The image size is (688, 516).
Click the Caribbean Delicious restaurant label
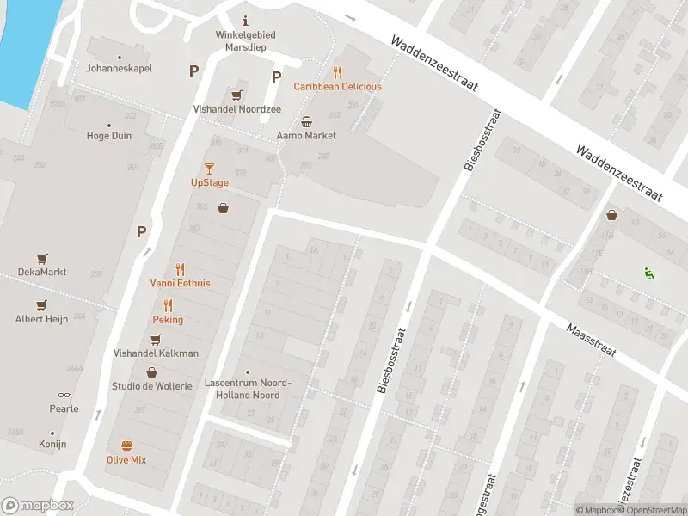click(x=337, y=87)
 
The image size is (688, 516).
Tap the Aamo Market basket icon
click(x=306, y=121)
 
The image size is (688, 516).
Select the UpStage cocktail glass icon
click(x=209, y=169)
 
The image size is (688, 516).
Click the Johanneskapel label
click(x=119, y=68)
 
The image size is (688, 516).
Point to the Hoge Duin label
click(x=109, y=135)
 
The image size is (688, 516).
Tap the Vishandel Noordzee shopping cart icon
click(x=236, y=94)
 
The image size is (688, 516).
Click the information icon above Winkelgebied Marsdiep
click(x=246, y=21)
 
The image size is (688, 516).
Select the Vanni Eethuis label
click(x=180, y=283)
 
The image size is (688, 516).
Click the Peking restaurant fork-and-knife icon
click(x=168, y=305)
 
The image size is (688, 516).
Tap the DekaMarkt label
click(x=42, y=272)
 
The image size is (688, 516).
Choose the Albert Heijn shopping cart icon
click(x=41, y=305)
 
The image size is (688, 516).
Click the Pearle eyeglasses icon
click(x=64, y=395)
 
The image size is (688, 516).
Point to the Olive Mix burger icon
click(x=126, y=445)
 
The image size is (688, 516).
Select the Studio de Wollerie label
click(x=151, y=386)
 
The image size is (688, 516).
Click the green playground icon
click(x=648, y=273)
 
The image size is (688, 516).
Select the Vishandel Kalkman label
click(x=156, y=353)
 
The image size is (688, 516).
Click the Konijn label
click(x=52, y=444)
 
